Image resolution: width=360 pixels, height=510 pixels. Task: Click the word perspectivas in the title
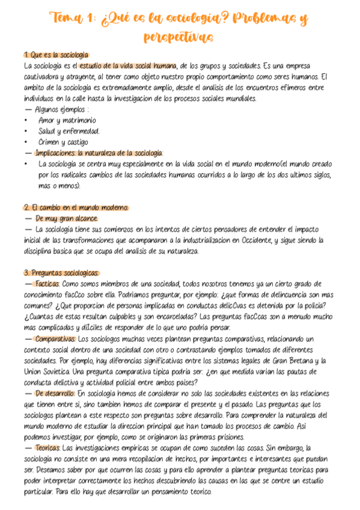178,37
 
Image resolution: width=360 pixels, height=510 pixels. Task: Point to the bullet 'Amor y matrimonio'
67,120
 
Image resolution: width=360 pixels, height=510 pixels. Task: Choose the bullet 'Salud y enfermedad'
69,131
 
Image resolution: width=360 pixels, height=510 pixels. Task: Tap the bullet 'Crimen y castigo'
63,142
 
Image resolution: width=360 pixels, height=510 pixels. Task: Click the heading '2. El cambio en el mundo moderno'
76,207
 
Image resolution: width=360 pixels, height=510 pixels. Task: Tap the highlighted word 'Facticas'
47,284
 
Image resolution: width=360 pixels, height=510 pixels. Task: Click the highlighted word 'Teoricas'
47,448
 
